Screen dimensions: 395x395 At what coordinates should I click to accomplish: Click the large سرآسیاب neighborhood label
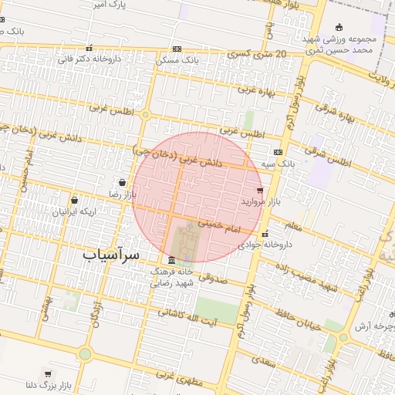tap(111, 254)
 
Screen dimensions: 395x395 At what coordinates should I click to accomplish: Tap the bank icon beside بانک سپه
tap(278, 152)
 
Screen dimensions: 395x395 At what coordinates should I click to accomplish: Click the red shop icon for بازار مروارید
tap(259, 190)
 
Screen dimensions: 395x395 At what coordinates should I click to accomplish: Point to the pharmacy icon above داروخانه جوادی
tap(265, 234)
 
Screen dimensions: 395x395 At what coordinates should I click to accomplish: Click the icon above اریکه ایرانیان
tap(74, 200)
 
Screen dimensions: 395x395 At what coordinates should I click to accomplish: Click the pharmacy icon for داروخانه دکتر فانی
tap(89, 48)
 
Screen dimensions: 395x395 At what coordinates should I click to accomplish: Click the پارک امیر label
tap(107, 6)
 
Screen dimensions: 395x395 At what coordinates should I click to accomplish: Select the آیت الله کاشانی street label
tap(187, 316)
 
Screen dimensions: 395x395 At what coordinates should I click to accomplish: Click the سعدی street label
tap(263, 359)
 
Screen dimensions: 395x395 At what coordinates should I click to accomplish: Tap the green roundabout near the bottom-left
tap(84, 353)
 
